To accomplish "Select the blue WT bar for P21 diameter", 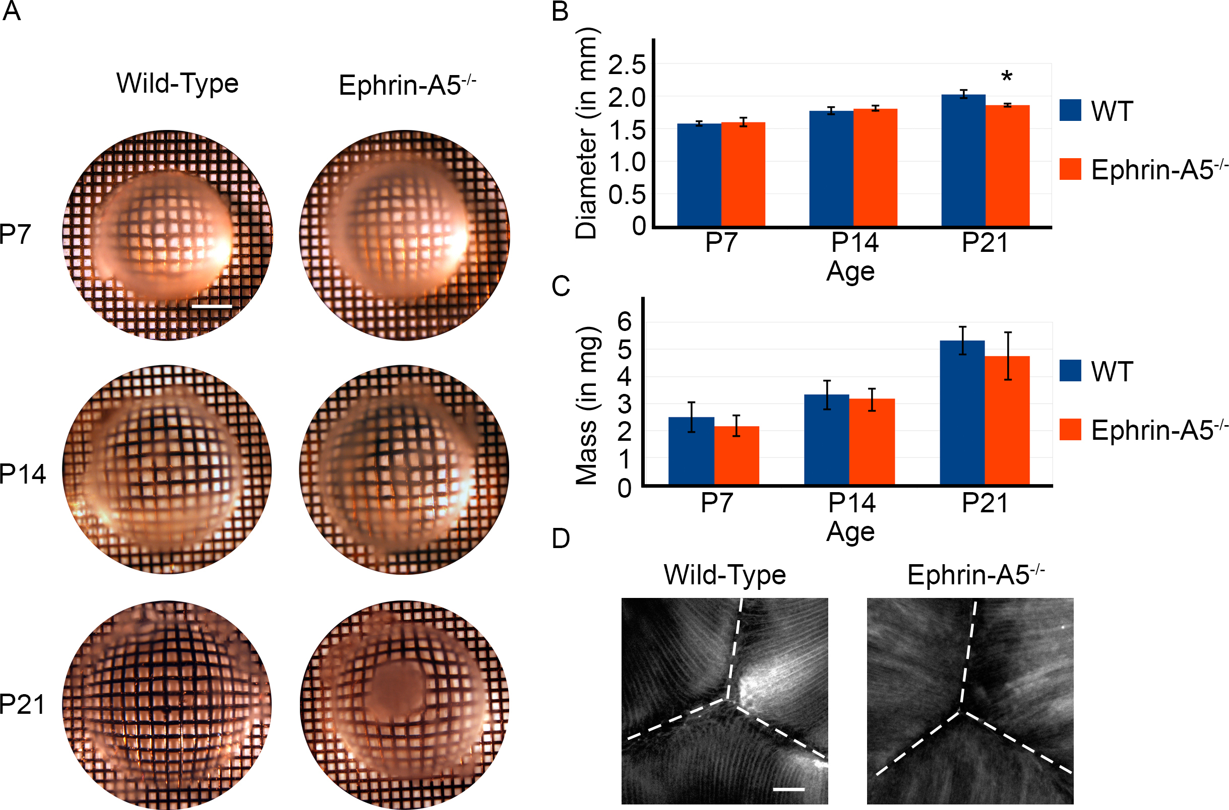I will pyautogui.click(x=963, y=160).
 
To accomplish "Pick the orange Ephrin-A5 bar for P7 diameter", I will pyautogui.click(x=743, y=174).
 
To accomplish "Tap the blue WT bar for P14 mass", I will pyautogui.click(x=826, y=439).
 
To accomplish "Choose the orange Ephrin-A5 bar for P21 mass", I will pyautogui.click(x=1007, y=420).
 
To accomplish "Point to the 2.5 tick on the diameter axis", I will pyautogui.click(x=627, y=65).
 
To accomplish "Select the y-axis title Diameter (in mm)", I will pyautogui.click(x=587, y=133).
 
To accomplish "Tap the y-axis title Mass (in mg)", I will pyautogui.click(x=587, y=406).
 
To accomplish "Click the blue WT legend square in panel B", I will pyautogui.click(x=1070, y=110).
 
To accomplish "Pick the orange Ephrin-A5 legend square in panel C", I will pyautogui.click(x=1070, y=429).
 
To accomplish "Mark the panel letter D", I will pyautogui.click(x=561, y=539).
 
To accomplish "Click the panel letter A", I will pyautogui.click(x=12, y=12).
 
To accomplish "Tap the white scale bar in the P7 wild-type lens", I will pyautogui.click(x=211, y=307).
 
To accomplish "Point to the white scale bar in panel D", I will pyautogui.click(x=789, y=789).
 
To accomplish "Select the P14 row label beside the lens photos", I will pyautogui.click(x=23, y=474).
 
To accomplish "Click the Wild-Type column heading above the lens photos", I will pyautogui.click(x=177, y=84).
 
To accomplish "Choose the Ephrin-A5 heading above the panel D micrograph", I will pyautogui.click(x=976, y=575).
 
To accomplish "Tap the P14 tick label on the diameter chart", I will pyautogui.click(x=855, y=243).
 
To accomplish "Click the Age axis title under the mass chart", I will pyautogui.click(x=850, y=532).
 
